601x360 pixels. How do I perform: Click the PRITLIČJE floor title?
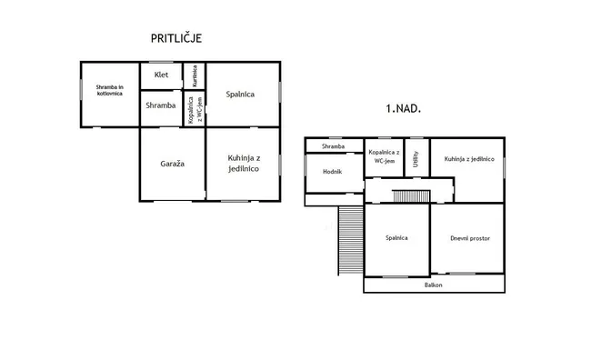point(176,38)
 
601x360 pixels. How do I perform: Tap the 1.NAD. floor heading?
point(403,108)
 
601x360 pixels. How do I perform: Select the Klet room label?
point(161,75)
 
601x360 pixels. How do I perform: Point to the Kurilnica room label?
point(195,76)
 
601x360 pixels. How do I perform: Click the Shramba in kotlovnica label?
point(110,90)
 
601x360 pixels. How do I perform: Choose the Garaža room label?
point(173,164)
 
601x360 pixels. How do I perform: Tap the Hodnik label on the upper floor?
point(332,172)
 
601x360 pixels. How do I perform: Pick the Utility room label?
point(416,159)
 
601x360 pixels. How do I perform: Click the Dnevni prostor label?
point(470,238)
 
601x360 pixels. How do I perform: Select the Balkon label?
point(434,285)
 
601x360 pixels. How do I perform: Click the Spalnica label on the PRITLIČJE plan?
point(240,95)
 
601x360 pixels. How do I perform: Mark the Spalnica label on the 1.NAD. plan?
point(396,238)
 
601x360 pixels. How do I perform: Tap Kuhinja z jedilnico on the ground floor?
point(244,164)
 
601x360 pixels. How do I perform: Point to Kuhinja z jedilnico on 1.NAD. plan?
point(469,159)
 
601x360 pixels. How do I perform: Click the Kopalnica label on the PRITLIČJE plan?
point(195,110)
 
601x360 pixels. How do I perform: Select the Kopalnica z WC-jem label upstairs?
point(384,156)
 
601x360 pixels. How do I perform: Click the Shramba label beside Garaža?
point(161,105)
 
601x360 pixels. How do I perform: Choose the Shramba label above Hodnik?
point(333,146)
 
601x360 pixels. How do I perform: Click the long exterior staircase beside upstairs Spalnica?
point(350,240)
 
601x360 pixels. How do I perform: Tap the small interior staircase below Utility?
point(411,196)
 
